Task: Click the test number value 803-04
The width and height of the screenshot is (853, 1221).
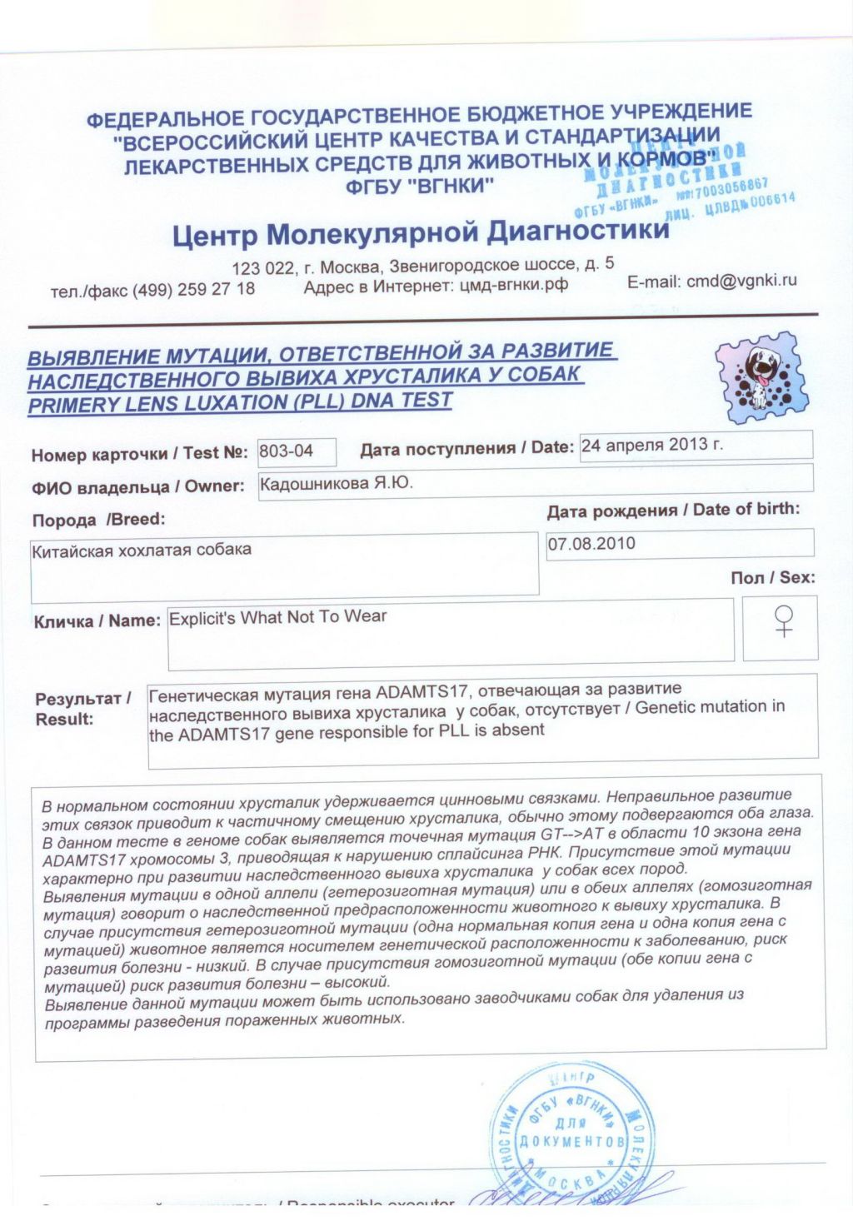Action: pos(287,451)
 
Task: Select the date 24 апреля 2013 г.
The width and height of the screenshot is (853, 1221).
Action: pos(652,445)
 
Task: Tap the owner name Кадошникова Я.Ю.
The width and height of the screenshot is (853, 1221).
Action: pos(337,483)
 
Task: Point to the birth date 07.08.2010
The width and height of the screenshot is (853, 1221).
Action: pos(591,544)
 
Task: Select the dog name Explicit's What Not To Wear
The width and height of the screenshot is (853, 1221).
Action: pos(278,617)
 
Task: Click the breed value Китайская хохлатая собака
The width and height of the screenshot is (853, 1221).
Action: pos(142,551)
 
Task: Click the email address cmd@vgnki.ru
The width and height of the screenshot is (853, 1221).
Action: pos(741,282)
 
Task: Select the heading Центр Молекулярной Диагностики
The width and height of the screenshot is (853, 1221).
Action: pos(421,232)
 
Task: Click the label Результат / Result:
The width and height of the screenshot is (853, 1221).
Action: pos(82,709)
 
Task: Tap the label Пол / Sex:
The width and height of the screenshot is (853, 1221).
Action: pos(772,577)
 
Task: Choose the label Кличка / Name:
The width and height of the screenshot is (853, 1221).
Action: pos(97,621)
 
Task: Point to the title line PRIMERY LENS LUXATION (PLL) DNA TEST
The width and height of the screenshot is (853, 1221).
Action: pos(240,403)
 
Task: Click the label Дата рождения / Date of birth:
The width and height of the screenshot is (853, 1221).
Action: pos(673,510)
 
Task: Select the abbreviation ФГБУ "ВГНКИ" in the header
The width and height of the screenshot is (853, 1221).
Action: pos(420,186)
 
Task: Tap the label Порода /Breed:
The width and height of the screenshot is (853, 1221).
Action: pos(98,520)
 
